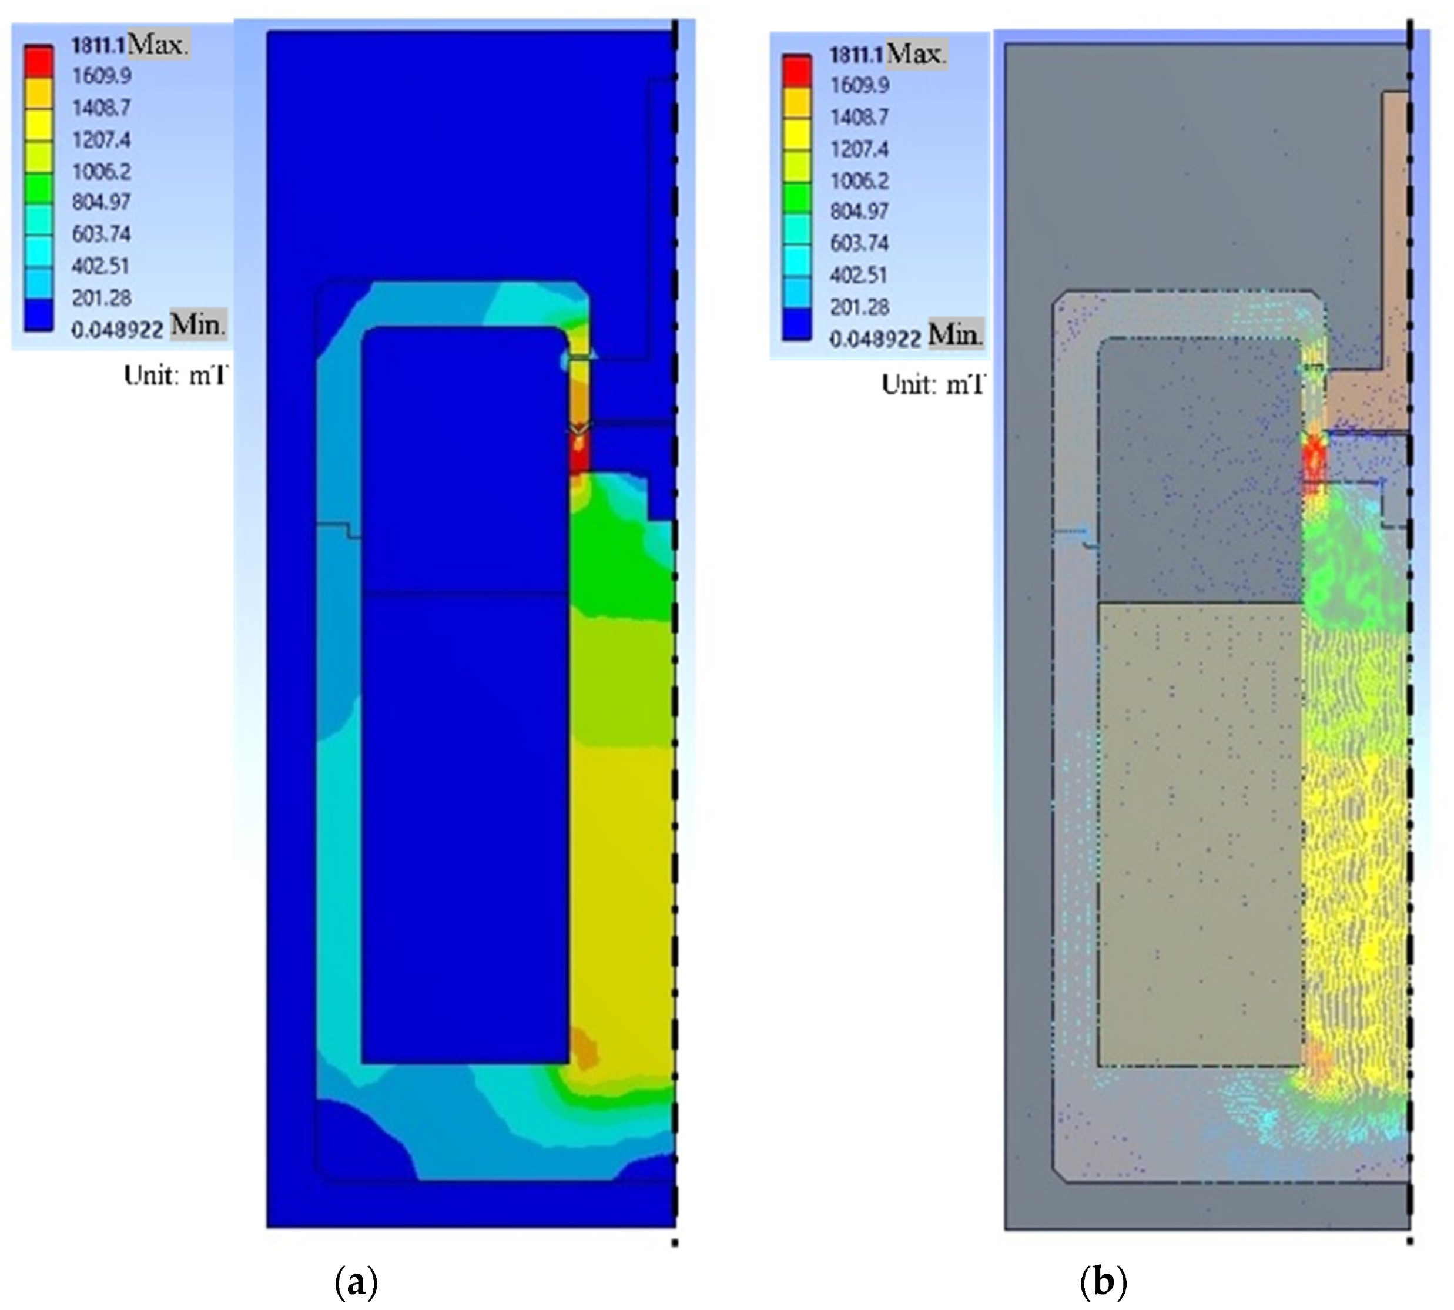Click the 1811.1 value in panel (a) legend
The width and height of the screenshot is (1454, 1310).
[99, 45]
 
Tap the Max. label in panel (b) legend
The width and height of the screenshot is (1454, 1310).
[916, 54]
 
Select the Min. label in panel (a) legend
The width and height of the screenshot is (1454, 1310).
[198, 326]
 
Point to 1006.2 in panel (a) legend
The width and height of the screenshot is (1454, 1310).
[100, 171]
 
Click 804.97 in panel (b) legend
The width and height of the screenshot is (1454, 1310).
[859, 212]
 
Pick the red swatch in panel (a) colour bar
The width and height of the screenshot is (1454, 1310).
[39, 61]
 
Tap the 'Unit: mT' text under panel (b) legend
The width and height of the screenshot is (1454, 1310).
[933, 384]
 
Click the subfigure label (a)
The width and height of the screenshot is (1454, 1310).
[356, 1282]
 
